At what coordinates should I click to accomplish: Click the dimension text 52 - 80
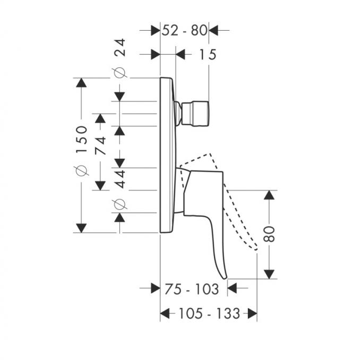[185, 30]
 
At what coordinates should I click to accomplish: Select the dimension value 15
[208, 55]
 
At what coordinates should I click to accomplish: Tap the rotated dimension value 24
[120, 47]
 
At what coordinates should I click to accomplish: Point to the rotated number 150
[82, 139]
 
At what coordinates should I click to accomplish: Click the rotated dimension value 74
[101, 146]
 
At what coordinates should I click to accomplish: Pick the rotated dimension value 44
[120, 179]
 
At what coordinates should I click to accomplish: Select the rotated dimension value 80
[269, 234]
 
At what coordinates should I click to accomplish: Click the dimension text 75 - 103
[192, 289]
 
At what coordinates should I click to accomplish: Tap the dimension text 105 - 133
[209, 313]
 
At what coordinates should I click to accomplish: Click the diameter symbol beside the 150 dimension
[81, 170]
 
